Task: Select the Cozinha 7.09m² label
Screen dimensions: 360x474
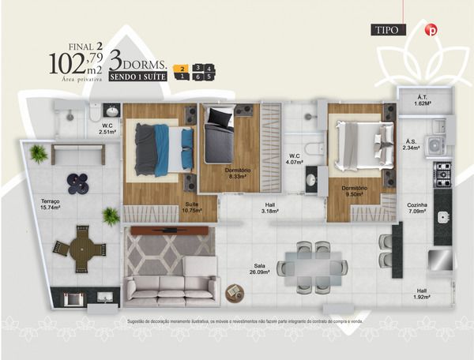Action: [x=417, y=208]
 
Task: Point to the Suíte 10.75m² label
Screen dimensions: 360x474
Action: [x=192, y=208]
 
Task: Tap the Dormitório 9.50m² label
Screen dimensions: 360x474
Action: [x=355, y=191]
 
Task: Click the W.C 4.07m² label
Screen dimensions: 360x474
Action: [x=294, y=159]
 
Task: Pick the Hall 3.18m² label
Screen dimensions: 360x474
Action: [x=270, y=208]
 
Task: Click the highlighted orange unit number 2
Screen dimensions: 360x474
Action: [x=182, y=68]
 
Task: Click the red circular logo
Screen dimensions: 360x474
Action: [x=431, y=30]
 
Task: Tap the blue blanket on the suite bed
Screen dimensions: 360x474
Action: [x=164, y=148]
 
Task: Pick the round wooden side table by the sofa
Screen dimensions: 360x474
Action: [x=235, y=292]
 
